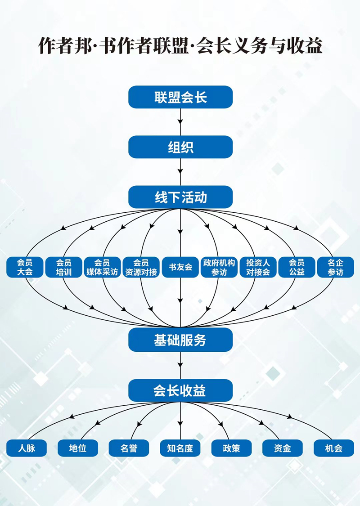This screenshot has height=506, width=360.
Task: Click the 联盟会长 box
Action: tap(180, 97)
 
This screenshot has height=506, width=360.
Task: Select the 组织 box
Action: tap(180, 147)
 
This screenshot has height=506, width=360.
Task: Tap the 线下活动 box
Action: tap(180, 197)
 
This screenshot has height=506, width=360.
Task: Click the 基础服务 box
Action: tap(180, 340)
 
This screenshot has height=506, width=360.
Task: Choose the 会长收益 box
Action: tap(180, 390)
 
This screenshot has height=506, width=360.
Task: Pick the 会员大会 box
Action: tap(25, 267)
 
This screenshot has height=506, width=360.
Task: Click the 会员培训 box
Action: tap(63, 267)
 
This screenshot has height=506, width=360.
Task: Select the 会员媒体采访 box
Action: tap(102, 267)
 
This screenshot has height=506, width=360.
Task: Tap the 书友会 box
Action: tap(180, 267)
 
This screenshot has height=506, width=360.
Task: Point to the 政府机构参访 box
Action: tap(219, 267)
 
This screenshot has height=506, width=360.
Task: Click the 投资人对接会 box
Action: tap(258, 267)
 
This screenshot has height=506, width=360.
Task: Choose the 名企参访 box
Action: tap(335, 267)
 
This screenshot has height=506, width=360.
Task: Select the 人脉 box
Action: tap(27, 448)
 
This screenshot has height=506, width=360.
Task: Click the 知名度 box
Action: tap(180, 448)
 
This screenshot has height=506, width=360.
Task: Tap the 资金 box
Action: tap(282, 448)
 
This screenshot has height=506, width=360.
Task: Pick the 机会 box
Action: tap(333, 448)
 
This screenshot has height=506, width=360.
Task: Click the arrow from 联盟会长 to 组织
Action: tap(180, 121)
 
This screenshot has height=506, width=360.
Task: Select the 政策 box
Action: tap(231, 448)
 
